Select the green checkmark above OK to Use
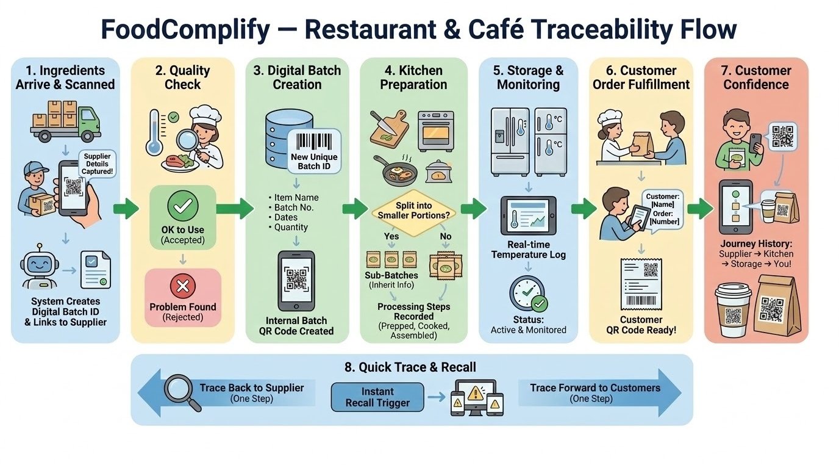pyautogui.click(x=182, y=207)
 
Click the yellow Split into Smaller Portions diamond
pyautogui.click(x=414, y=211)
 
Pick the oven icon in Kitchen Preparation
pyautogui.click(x=435, y=130)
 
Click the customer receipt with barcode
pyautogui.click(x=641, y=284)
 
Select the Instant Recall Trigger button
pyautogui.click(x=377, y=397)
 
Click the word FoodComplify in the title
pyautogui.click(x=184, y=30)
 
